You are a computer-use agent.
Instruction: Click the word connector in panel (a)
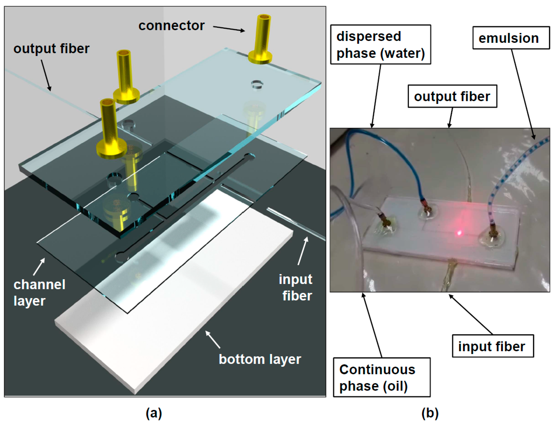(x=171, y=26)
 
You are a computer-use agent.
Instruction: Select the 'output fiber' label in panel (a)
(x=51, y=48)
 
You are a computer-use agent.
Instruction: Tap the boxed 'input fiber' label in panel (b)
(x=492, y=346)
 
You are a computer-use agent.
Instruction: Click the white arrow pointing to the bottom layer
(x=213, y=339)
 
